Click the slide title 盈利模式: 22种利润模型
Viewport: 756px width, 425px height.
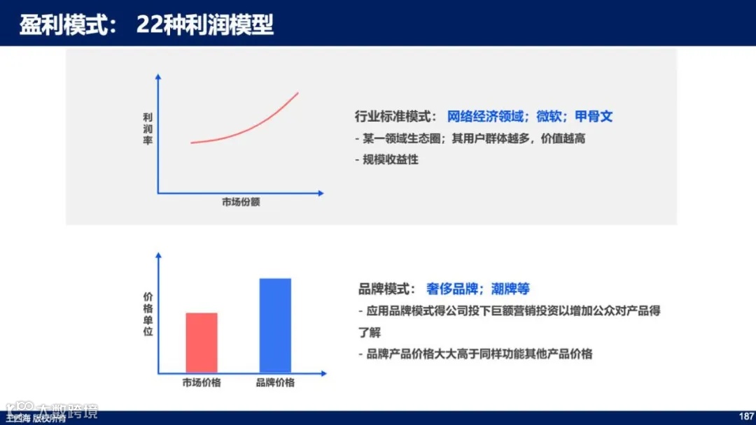(x=146, y=26)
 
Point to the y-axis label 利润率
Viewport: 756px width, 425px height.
(x=148, y=130)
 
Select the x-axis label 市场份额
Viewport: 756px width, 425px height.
(x=241, y=202)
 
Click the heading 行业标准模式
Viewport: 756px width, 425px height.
(x=396, y=117)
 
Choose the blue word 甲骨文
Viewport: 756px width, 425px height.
(x=594, y=117)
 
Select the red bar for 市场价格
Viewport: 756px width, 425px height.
(x=202, y=343)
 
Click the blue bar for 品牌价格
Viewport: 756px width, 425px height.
(x=275, y=325)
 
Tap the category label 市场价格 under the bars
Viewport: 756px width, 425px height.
(x=202, y=382)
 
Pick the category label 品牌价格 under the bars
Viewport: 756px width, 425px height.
(x=275, y=382)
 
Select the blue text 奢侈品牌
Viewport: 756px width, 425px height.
(x=451, y=289)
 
